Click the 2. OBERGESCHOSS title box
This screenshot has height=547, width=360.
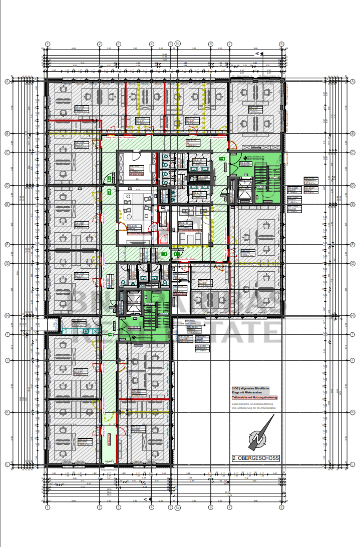pyautogui.click(x=255, y=458)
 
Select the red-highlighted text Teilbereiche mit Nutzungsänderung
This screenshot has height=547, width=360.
pyautogui.click(x=254, y=397)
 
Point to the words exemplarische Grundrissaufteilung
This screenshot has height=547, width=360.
pyautogui.click(x=252, y=403)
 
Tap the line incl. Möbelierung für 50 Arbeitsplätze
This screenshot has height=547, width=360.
pyautogui.click(x=253, y=408)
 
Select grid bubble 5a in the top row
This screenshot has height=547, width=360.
pyautogui.click(x=177, y=44)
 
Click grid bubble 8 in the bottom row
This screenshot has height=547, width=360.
pyautogui.click(x=281, y=507)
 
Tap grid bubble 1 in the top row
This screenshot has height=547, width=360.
pyautogui.click(x=48, y=44)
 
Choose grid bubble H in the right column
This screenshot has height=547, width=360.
pyautogui.click(x=352, y=315)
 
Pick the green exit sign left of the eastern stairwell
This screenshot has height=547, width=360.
pyautogui.click(x=222, y=159)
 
